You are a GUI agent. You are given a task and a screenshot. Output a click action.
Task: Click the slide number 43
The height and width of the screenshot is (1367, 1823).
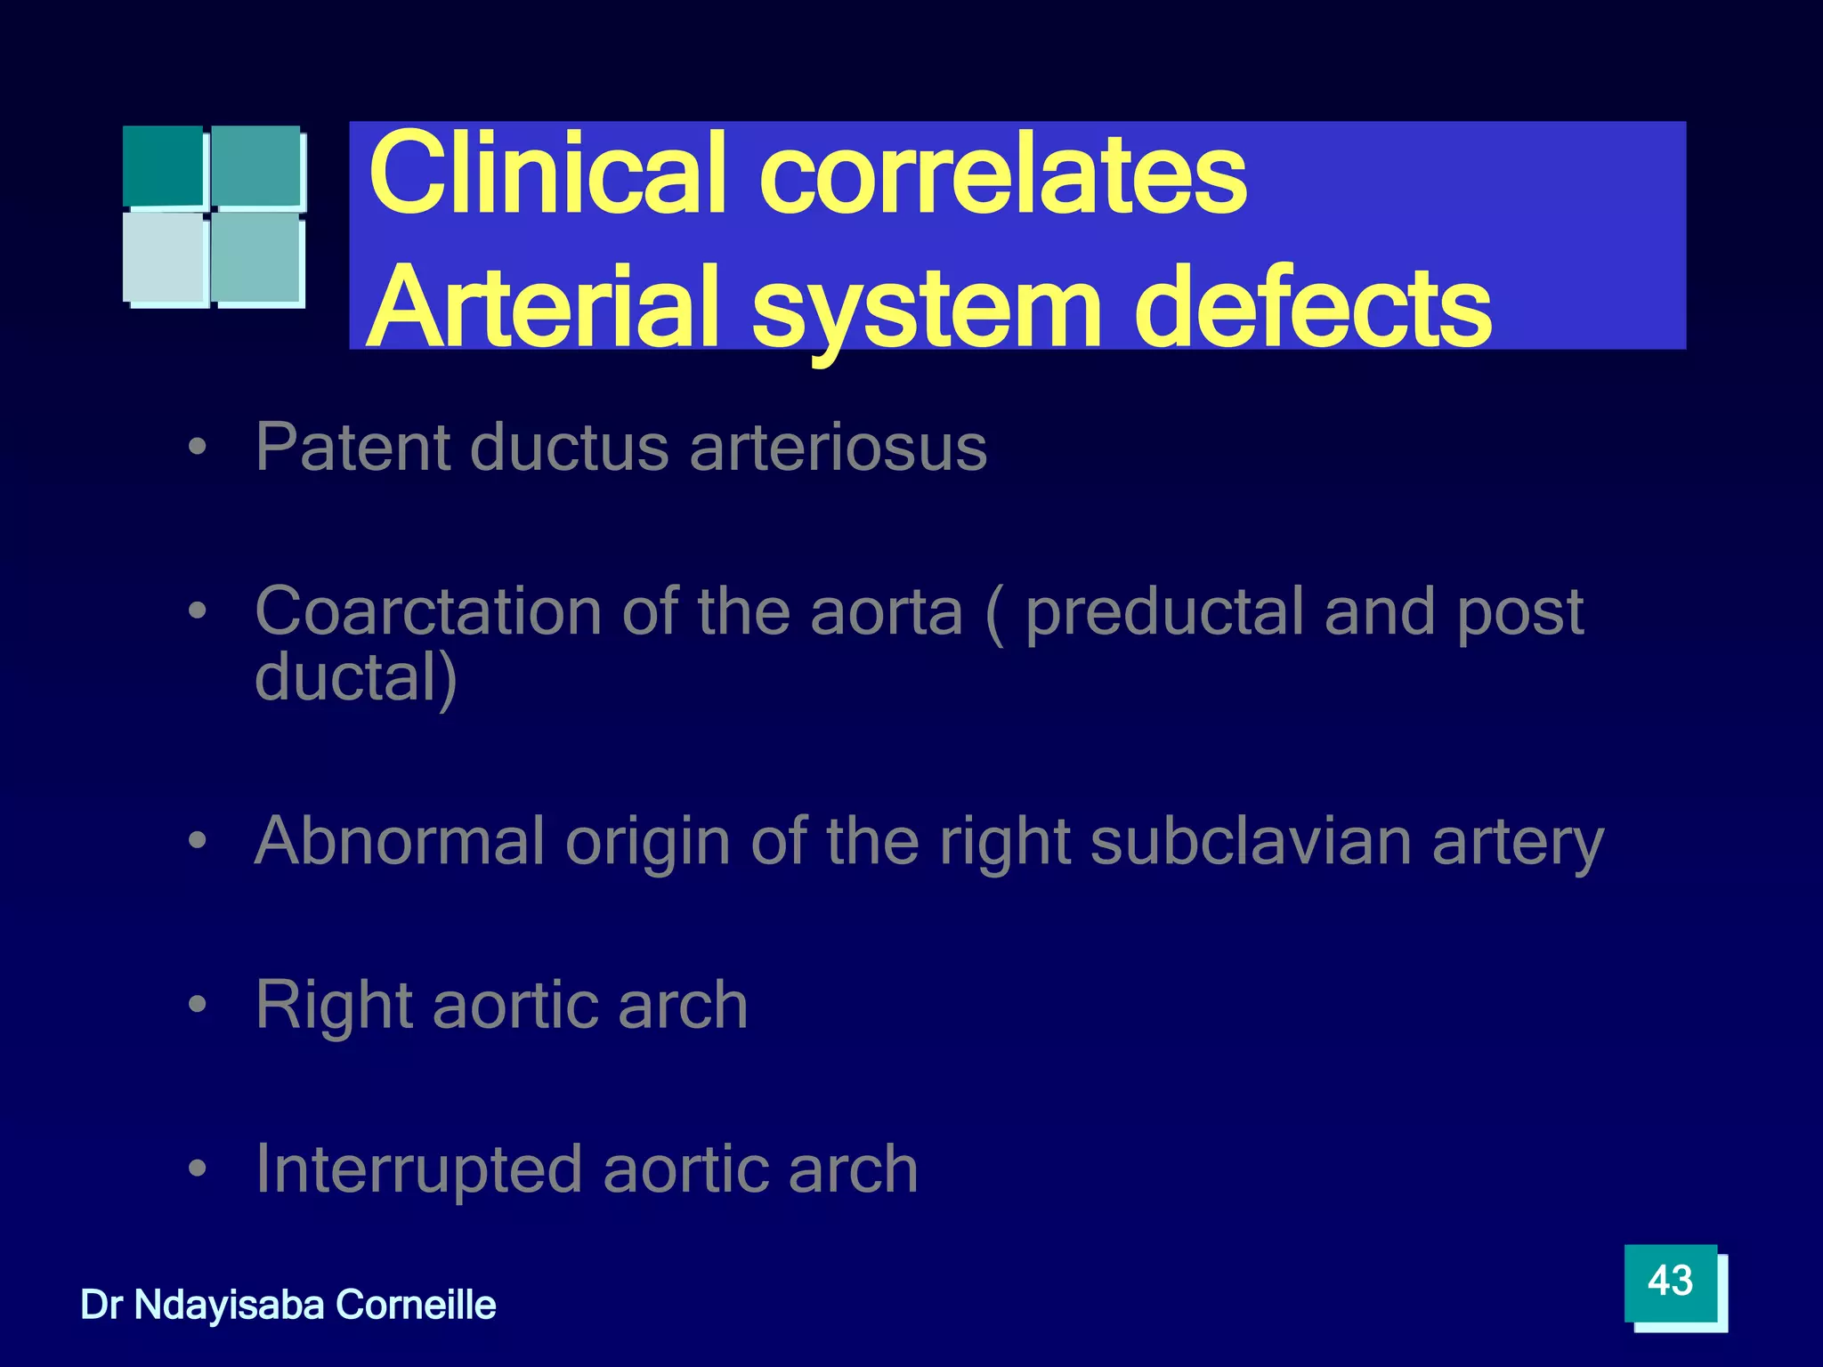[x=1670, y=1282]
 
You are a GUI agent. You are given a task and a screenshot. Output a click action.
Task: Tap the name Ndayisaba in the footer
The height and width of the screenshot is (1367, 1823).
[x=230, y=1305]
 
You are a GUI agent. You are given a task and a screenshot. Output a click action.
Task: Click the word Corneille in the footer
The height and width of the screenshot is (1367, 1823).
[x=416, y=1305]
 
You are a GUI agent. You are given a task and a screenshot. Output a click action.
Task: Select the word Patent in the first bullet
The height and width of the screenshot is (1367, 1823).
[x=353, y=447]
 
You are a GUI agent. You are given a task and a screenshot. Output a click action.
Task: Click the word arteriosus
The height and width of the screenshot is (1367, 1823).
[x=838, y=447]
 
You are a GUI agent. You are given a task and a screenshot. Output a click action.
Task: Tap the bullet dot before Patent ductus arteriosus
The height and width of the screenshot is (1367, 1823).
[x=198, y=448]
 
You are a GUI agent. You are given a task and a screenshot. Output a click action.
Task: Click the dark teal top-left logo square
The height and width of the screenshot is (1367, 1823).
[x=164, y=166]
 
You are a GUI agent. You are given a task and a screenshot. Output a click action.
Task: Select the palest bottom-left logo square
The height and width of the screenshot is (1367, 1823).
[x=166, y=258]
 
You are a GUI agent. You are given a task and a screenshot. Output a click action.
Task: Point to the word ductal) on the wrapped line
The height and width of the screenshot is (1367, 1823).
[x=356, y=678]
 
